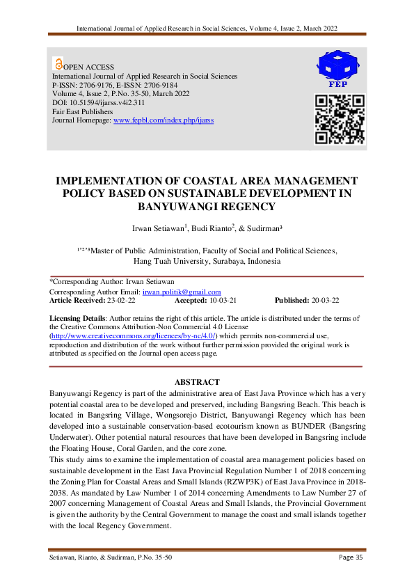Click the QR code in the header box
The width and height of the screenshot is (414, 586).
(x=337, y=118)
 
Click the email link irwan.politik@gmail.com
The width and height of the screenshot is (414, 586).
(x=182, y=292)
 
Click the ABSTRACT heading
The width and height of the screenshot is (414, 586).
(x=197, y=382)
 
